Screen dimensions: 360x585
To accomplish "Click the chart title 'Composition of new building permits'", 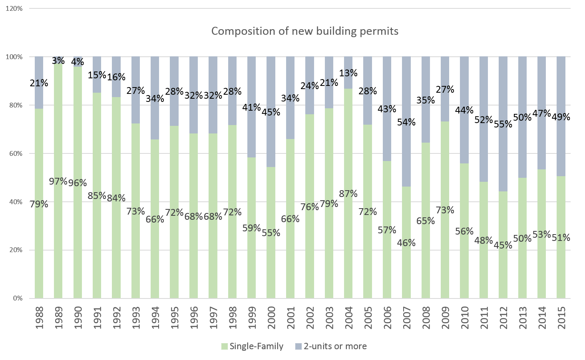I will tap(304, 31).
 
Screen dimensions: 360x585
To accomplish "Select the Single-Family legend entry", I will tap(252, 346).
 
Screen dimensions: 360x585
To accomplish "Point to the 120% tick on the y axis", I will tap(14, 8).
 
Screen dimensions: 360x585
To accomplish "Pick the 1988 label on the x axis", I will tap(39, 318).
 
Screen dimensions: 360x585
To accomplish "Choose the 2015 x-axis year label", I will tap(561, 318).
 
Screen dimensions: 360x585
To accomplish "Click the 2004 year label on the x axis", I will tap(348, 318).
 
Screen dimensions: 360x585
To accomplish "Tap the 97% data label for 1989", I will tap(58, 181).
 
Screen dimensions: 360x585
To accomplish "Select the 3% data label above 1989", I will tap(58, 61).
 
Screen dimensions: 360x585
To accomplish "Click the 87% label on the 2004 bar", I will tap(348, 194).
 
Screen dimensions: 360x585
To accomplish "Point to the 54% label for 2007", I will tap(406, 122).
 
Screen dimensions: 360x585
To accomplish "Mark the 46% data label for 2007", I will tap(406, 243).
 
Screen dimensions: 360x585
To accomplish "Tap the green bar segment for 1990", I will tap(78, 240).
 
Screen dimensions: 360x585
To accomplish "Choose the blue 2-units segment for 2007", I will tap(406, 96).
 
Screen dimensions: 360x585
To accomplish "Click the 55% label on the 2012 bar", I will tap(503, 124).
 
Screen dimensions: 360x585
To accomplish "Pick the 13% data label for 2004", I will tap(348, 73).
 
